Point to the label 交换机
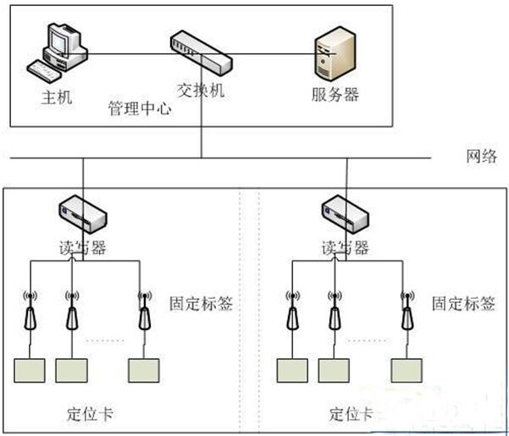tap(201, 90)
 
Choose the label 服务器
tap(335, 94)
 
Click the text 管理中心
tap(139, 110)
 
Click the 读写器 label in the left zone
tap(83, 247)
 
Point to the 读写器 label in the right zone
tap(346, 247)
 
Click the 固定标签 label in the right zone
tap(463, 303)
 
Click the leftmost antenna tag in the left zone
tap(30, 313)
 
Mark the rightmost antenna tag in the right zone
tap(408, 313)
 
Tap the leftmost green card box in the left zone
tap(30, 371)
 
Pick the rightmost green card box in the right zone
tap(407, 371)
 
